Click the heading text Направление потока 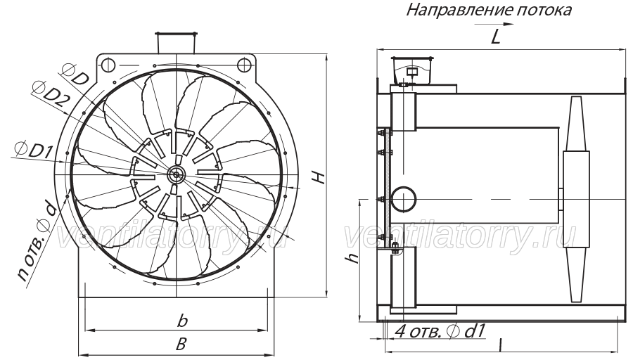(489, 11)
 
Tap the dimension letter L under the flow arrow (495, 37)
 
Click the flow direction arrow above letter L (494, 24)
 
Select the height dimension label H (320, 176)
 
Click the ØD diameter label (75, 74)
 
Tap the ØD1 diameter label (34, 150)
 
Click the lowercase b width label (182, 321)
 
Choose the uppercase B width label (181, 345)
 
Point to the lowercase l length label (500, 345)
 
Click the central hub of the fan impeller (176, 174)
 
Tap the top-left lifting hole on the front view (108, 64)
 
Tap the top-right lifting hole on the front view (243, 64)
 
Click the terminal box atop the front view (177, 42)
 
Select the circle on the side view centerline (404, 200)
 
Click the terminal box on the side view (411, 70)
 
